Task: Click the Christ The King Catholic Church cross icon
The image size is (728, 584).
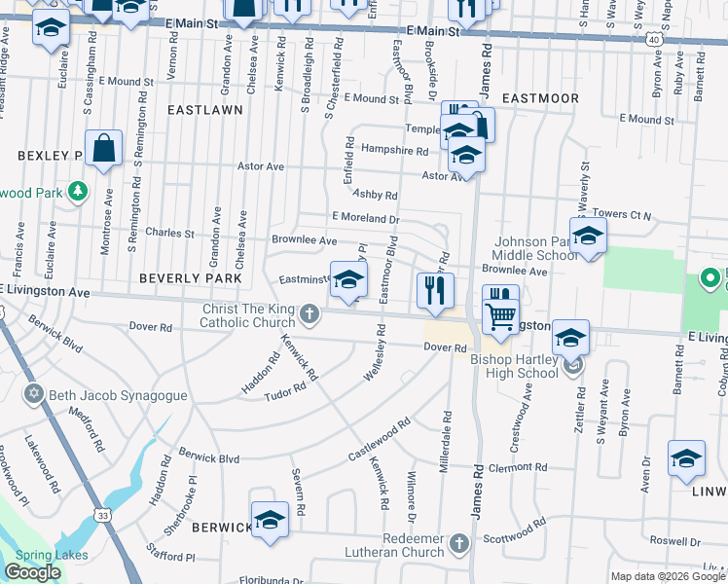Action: pyautogui.click(x=309, y=312)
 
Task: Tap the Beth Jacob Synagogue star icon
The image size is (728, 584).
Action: pyautogui.click(x=33, y=393)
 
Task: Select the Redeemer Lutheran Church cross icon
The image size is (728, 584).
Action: pyautogui.click(x=460, y=541)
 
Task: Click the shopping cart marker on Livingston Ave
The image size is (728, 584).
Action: pyautogui.click(x=500, y=312)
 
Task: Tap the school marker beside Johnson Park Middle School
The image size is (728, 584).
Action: pyautogui.click(x=588, y=237)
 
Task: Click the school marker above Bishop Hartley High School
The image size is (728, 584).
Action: pyautogui.click(x=570, y=339)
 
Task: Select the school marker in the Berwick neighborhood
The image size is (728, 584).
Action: pyautogui.click(x=270, y=520)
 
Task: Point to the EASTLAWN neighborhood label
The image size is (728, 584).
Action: pyautogui.click(x=204, y=111)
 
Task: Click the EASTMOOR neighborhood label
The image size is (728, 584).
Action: pyautogui.click(x=540, y=98)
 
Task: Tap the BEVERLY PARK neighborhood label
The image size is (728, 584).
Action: pyautogui.click(x=190, y=278)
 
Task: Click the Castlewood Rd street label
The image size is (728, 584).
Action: pyautogui.click(x=380, y=441)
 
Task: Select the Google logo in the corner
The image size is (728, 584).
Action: pyautogui.click(x=32, y=572)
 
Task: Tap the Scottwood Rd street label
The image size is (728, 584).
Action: pyautogui.click(x=516, y=535)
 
